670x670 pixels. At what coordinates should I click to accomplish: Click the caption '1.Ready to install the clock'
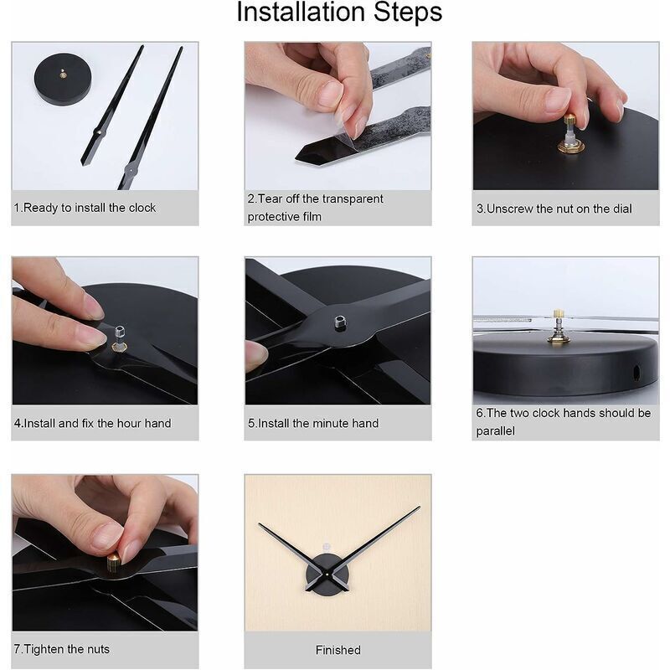85,208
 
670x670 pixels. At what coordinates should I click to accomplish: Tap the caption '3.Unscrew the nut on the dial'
554,209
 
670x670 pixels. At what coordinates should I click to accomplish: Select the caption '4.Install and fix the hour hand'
92,424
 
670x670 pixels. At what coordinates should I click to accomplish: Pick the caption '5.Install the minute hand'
313,424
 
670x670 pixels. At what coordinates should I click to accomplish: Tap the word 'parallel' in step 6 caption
495,430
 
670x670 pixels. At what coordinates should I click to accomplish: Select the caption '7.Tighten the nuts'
61,649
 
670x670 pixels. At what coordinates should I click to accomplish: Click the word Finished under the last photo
338,650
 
